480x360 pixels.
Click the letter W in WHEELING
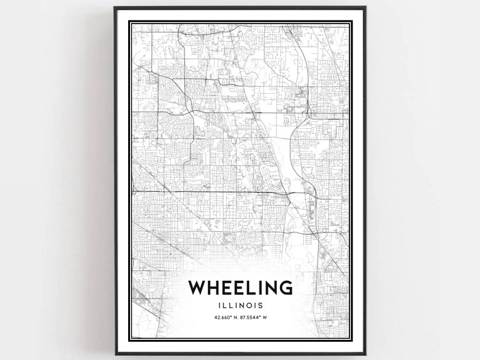coord(199,287)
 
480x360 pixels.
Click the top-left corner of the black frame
coord(115,8)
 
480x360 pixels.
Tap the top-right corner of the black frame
coord(366,8)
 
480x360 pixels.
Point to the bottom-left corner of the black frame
coord(115,353)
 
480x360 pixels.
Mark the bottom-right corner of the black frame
coord(366,353)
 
